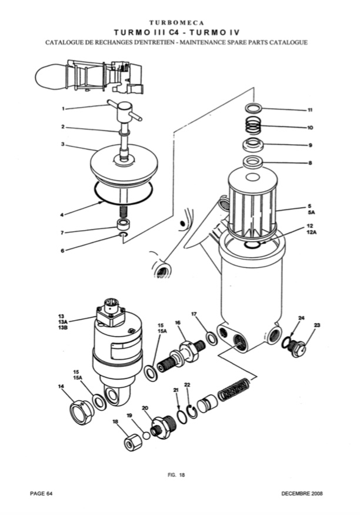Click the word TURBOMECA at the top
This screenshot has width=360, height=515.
[176, 23]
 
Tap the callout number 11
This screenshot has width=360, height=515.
[309, 110]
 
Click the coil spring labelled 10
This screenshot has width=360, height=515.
[254, 125]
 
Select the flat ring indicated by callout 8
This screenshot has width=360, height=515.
[254, 162]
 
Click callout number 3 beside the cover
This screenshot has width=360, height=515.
[63, 144]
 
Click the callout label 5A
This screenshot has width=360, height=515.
[311, 212]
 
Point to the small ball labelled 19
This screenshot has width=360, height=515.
[146, 435]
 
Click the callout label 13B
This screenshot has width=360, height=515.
[63, 327]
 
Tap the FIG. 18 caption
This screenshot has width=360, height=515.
[176, 474]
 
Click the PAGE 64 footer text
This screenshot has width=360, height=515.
[41, 493]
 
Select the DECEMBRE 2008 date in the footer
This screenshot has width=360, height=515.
[302, 493]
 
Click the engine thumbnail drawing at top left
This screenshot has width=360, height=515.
[89, 77]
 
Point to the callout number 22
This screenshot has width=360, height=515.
[188, 384]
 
